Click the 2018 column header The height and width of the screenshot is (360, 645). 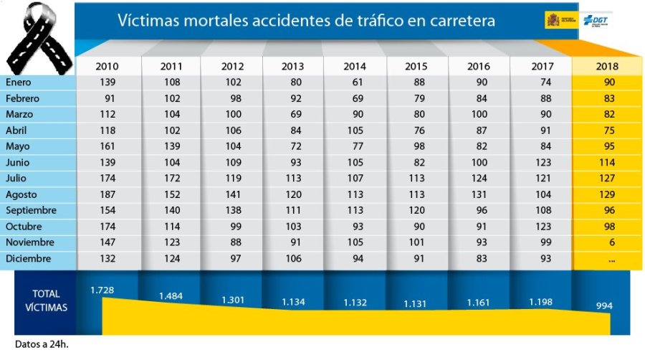607,67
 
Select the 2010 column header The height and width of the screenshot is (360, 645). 107,67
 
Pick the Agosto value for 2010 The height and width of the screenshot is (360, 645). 107,194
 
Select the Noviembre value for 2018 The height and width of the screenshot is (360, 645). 611,242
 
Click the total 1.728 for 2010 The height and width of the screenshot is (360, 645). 102,290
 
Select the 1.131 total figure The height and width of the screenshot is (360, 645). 416,303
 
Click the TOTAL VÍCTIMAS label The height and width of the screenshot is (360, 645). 46,300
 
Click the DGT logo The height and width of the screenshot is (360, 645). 597,21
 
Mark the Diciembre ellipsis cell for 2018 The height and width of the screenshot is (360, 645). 611,258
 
